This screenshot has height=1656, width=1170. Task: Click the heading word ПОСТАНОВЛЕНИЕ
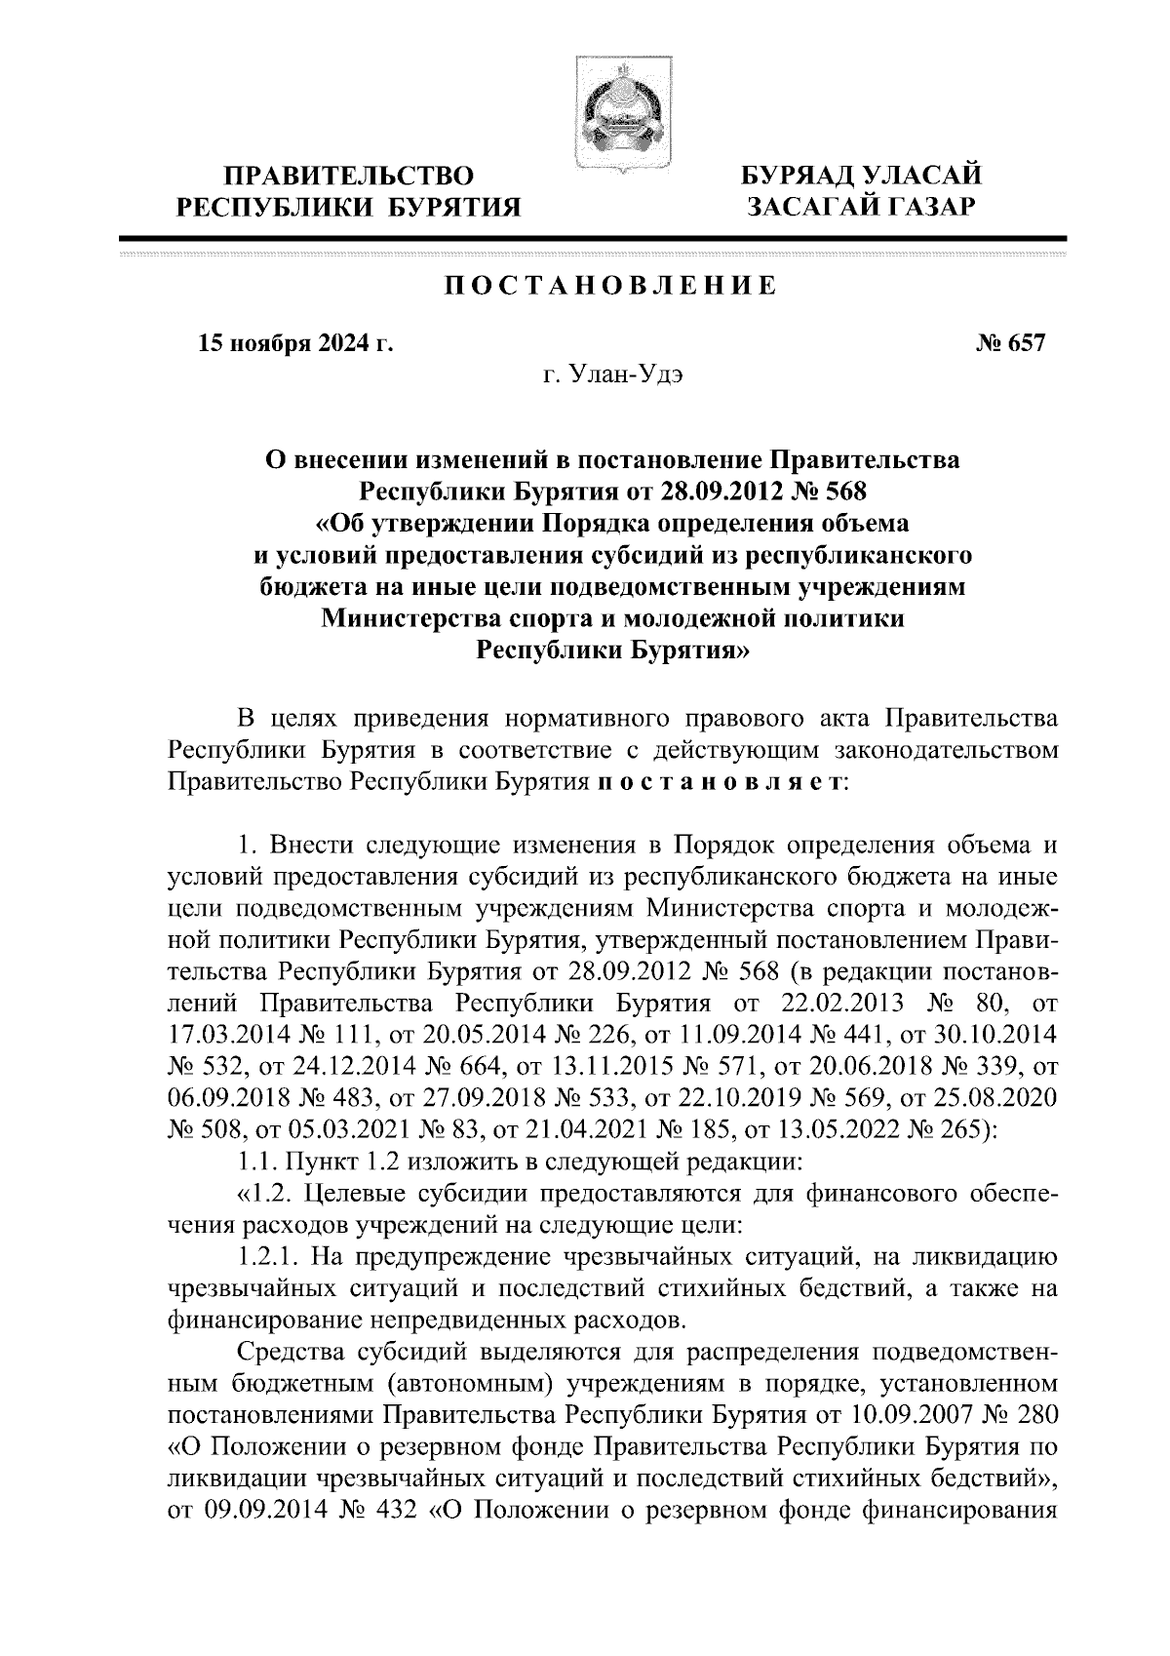click(x=611, y=286)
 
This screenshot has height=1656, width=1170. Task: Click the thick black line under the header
click(x=592, y=239)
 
